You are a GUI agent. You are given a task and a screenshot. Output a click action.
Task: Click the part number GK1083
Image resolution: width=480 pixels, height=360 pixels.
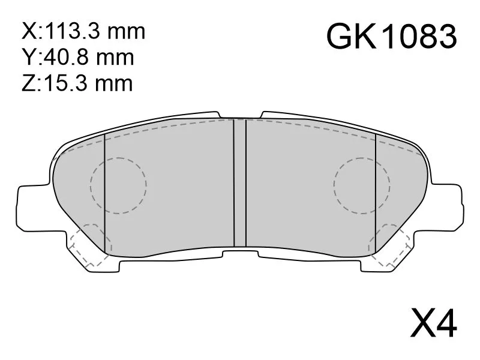click(x=392, y=37)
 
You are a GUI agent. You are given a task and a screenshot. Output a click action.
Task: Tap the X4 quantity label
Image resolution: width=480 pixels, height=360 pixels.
click(x=433, y=323)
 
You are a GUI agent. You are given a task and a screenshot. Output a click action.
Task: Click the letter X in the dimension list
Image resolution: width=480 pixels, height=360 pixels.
click(x=28, y=32)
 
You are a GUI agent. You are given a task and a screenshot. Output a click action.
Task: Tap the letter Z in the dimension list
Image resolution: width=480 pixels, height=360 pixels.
click(x=28, y=83)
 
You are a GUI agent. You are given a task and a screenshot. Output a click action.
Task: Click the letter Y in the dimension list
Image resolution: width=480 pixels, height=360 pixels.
click(x=28, y=58)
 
